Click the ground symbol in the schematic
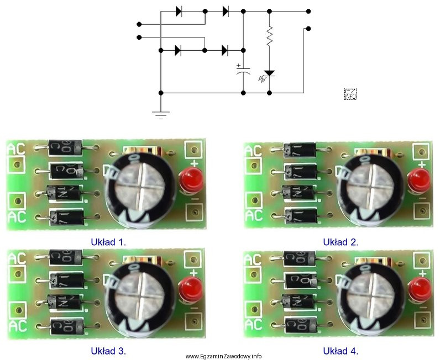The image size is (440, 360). click(160, 114)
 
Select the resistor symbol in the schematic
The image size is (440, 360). click(269, 37)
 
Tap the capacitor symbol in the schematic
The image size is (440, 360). click(243, 71)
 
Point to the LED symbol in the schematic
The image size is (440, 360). click(269, 73)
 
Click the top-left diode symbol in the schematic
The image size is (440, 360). click(179, 10)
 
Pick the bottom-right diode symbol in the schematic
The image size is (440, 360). click(225, 50)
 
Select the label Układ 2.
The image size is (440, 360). click(341, 241)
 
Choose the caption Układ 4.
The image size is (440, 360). click(341, 350)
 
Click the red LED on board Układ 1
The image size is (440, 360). click(188, 181)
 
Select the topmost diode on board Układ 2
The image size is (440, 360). click(299, 149)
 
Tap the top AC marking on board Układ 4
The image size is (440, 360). click(253, 258)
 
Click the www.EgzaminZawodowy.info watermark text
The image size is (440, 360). click(224, 356)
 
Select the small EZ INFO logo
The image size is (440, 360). click(350, 93)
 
